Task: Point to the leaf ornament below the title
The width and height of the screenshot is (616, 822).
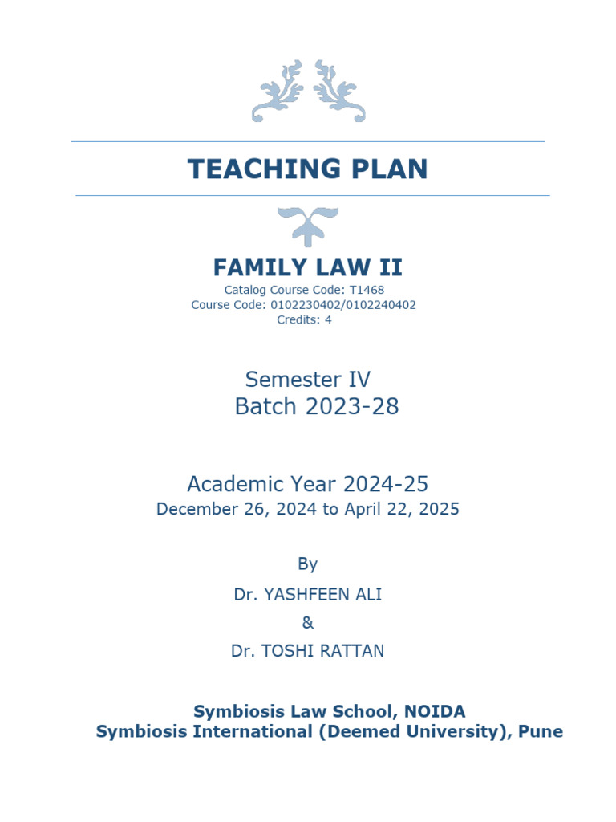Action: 308,226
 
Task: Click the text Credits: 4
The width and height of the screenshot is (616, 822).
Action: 304,319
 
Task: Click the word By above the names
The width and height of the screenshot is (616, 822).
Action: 308,564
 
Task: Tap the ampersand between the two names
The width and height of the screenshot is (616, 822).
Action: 308,622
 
